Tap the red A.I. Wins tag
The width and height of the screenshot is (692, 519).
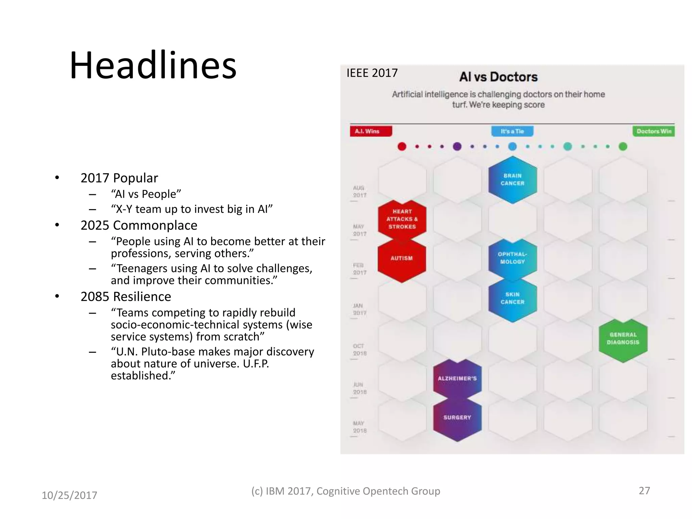(x=371, y=131)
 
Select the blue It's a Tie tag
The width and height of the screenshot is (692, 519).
(x=512, y=131)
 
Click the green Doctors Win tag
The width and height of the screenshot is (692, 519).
(x=653, y=131)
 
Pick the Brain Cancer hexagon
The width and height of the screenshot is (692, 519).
(x=513, y=180)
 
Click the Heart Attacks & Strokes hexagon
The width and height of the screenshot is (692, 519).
(x=402, y=219)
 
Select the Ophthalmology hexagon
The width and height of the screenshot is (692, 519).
(x=513, y=258)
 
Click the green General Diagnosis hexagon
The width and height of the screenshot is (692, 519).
(x=623, y=339)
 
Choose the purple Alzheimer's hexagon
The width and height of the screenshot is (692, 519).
(x=457, y=379)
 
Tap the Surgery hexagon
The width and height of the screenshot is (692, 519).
(x=457, y=418)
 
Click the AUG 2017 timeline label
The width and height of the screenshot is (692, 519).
(x=360, y=192)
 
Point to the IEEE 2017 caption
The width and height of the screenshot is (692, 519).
(x=372, y=73)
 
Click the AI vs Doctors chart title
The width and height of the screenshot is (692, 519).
(x=498, y=77)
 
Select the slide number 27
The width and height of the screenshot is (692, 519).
(x=644, y=491)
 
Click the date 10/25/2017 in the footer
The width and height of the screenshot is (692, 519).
(x=69, y=495)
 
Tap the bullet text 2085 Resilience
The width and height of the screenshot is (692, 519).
(x=126, y=297)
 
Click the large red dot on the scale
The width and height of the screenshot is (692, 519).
(x=402, y=147)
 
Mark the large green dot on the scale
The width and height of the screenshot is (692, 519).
(x=623, y=147)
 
